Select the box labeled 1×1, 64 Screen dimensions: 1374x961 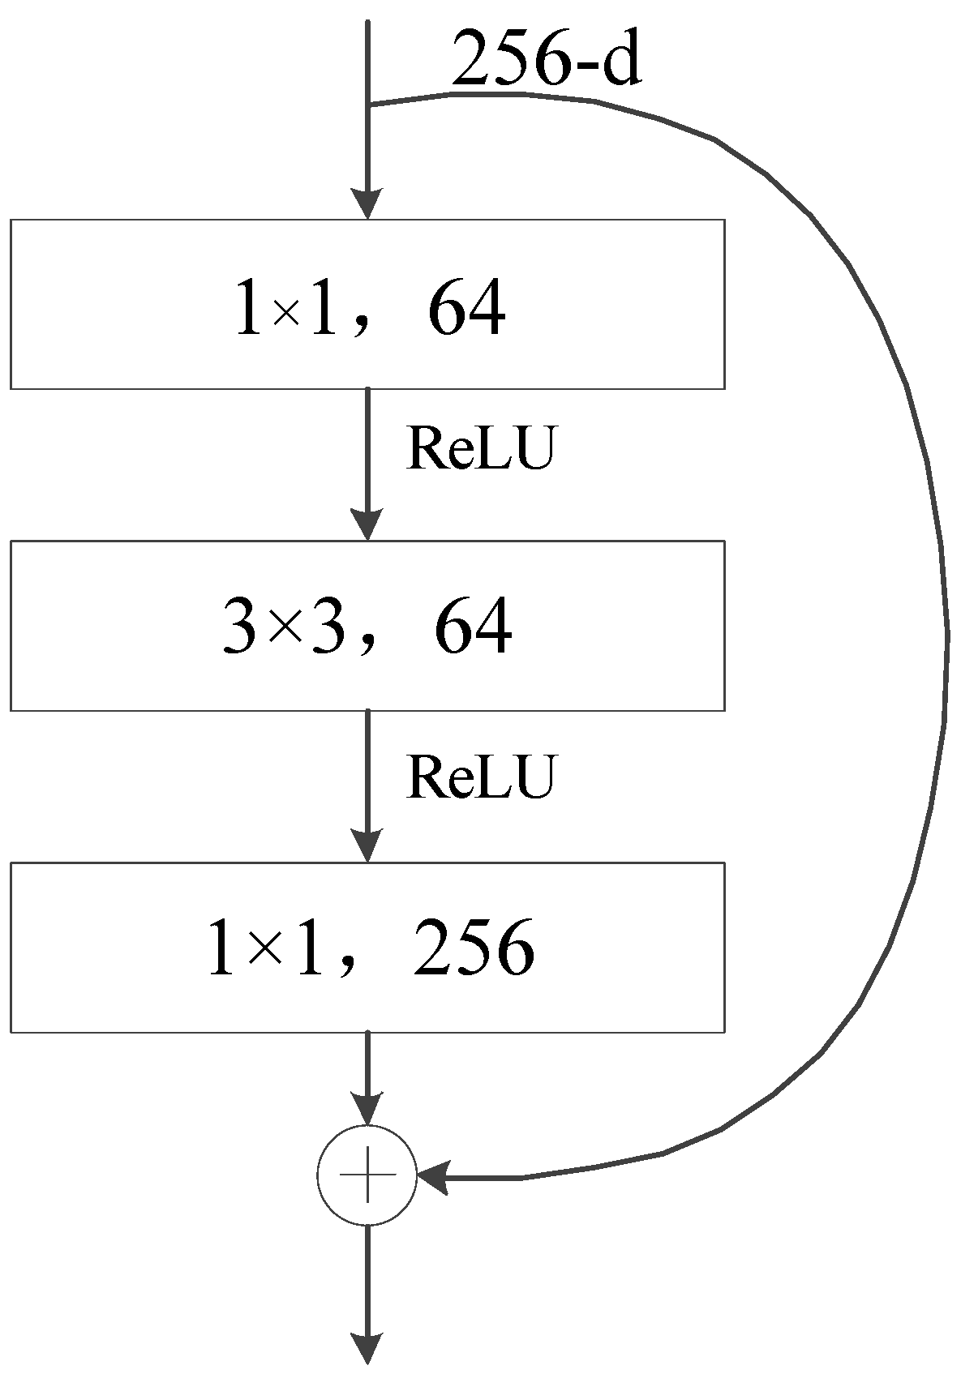367,304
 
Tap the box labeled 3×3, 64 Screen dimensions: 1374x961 367,625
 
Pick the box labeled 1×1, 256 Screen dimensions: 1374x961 367,947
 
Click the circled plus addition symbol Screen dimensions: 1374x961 367,1175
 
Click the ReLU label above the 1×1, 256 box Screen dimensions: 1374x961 481,776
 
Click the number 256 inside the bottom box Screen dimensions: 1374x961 474,948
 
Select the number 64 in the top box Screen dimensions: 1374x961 466,309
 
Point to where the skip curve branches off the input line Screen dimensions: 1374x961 369,105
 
